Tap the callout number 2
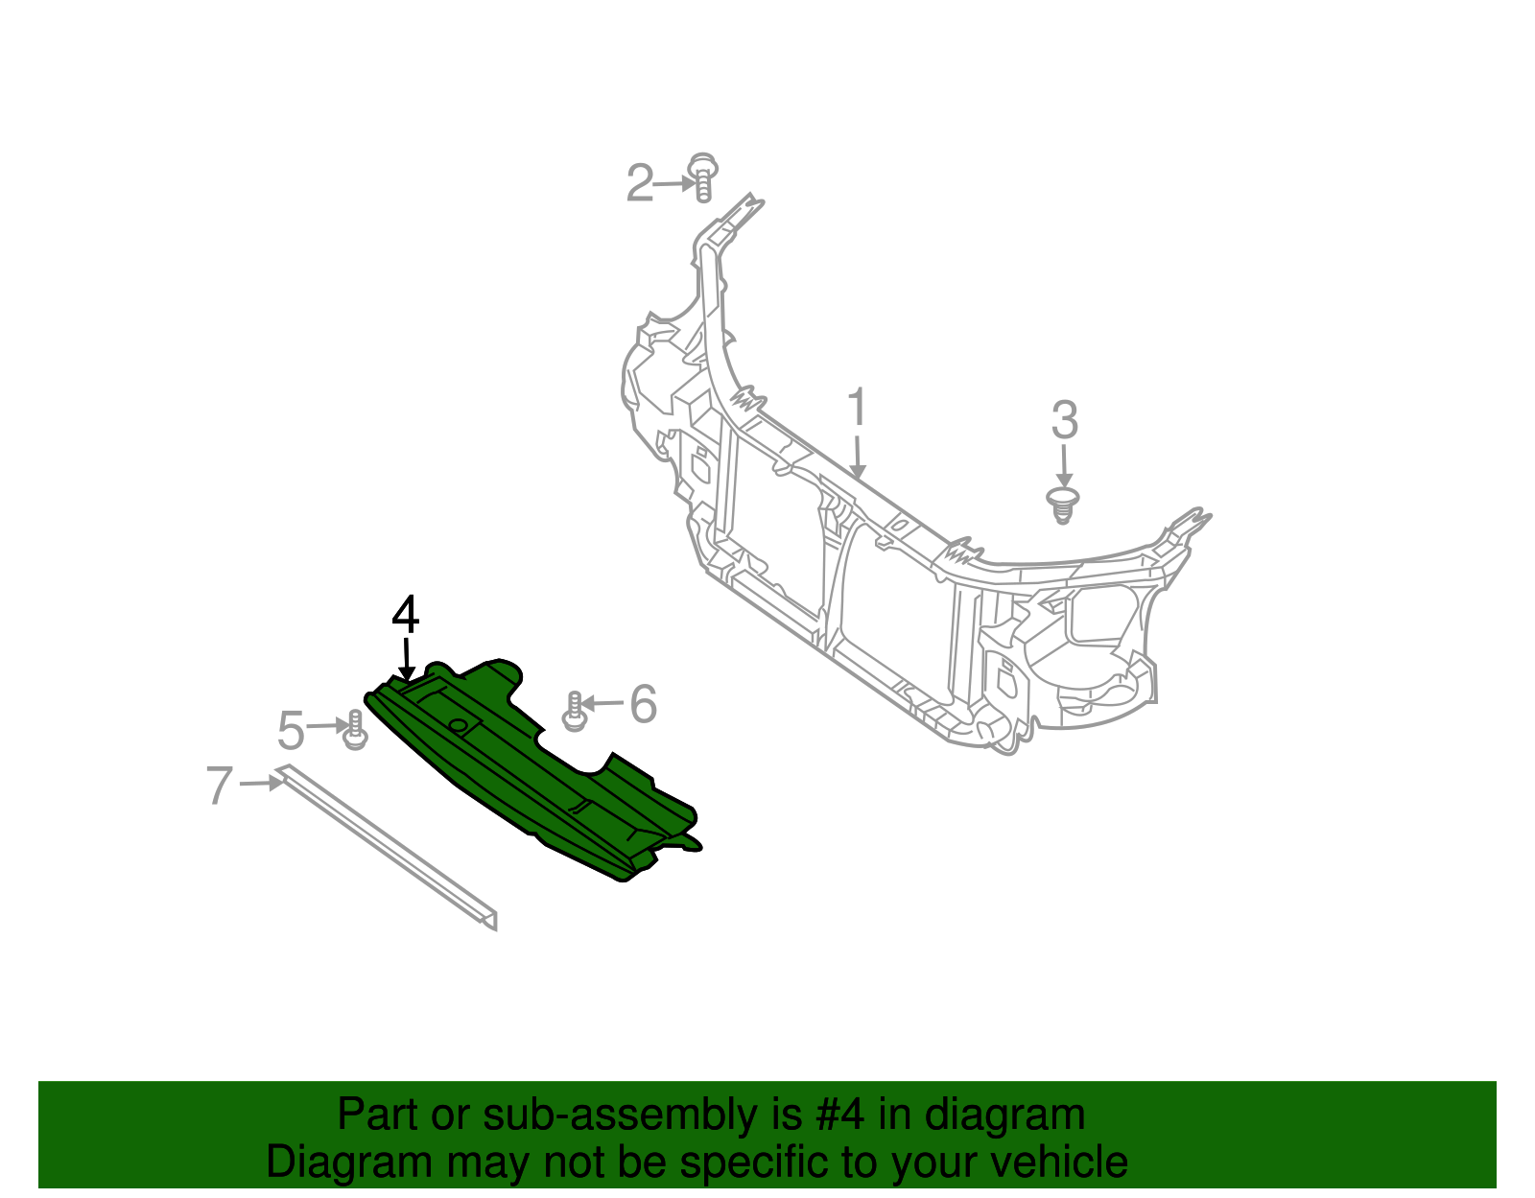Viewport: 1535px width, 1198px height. coord(639,183)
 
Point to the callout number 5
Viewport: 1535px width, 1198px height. coord(291,731)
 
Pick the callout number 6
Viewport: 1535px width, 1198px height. coord(643,704)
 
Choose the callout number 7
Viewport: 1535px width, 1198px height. coord(220,786)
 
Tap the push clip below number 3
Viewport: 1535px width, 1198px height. coord(1062,505)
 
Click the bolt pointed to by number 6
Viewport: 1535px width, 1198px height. coord(574,712)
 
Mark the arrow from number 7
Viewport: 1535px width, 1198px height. coord(262,784)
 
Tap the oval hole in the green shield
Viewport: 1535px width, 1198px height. coord(460,725)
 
